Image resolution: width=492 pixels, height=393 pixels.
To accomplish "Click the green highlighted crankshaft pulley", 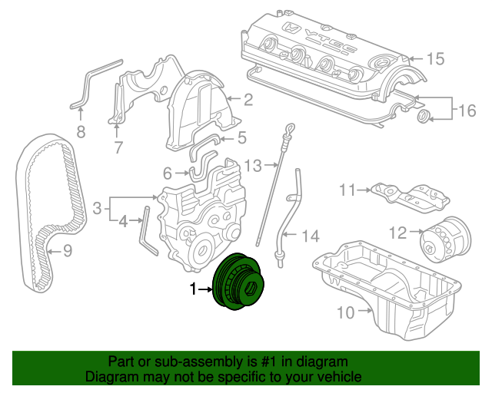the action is tap(238, 282).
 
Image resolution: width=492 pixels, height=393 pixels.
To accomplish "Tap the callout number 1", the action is tap(193, 289).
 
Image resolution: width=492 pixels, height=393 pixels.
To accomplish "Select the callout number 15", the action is tap(436, 58).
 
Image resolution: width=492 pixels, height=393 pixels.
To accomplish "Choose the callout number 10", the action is tap(345, 312).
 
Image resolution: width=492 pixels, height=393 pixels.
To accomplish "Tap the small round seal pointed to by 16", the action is tap(423, 117).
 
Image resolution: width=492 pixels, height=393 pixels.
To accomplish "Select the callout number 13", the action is tap(253, 166).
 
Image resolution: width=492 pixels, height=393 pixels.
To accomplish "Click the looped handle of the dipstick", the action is tap(291, 128).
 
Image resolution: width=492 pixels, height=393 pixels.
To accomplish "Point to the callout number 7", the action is tap(118, 147).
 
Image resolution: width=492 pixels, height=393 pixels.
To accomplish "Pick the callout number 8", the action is tap(81, 132).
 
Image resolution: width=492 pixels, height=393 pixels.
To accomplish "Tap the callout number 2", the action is tap(248, 100).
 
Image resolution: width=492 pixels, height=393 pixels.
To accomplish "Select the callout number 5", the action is tap(242, 137).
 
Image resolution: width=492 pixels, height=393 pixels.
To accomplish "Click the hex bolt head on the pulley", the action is tap(252, 288).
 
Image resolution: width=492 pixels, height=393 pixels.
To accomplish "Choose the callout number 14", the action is tap(311, 236).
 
